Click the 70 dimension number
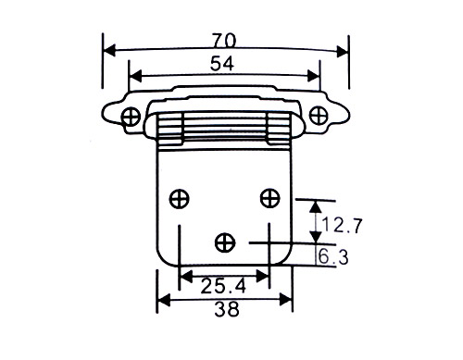pyautogui.click(x=224, y=41)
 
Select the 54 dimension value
pyautogui.click(x=222, y=64)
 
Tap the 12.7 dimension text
pyautogui.click(x=341, y=225)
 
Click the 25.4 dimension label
pyautogui.click(x=223, y=286)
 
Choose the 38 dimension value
pyautogui.click(x=227, y=309)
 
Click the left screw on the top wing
pyautogui.click(x=131, y=117)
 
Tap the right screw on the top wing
pyautogui.click(x=319, y=116)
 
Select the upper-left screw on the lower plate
pyautogui.click(x=179, y=198)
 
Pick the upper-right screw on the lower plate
pyautogui.click(x=270, y=198)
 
